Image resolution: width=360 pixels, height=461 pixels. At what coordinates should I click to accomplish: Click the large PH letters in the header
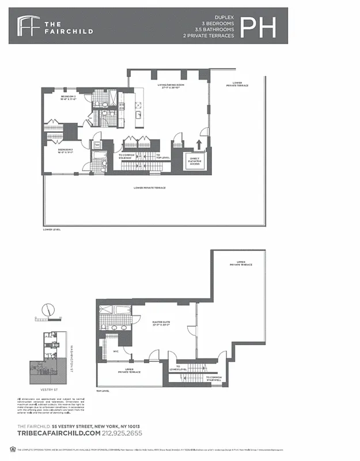pyautogui.click(x=257, y=27)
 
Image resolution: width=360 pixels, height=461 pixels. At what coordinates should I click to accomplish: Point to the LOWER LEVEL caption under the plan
pyautogui.click(x=51, y=229)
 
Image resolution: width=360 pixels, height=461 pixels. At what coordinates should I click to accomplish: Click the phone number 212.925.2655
pyautogui.click(x=119, y=433)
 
